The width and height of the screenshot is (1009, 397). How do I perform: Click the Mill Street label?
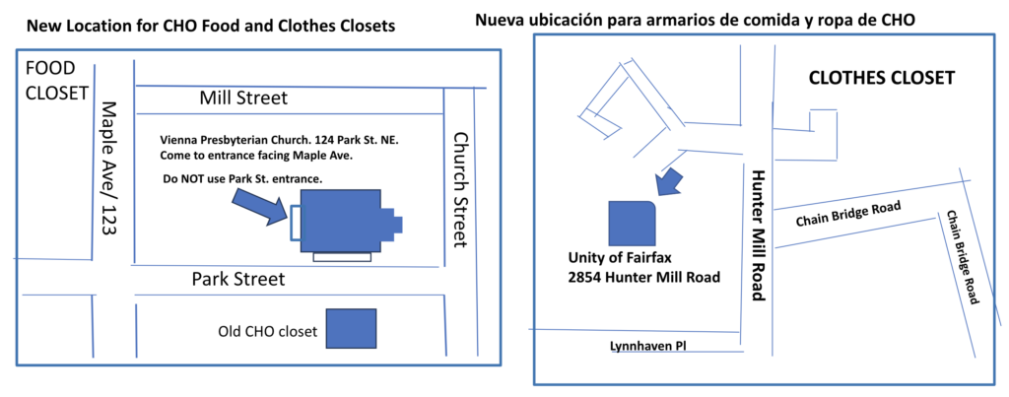tap(243, 99)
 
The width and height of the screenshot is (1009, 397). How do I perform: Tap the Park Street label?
tap(238, 280)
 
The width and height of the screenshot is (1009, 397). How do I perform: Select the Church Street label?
tap(459, 189)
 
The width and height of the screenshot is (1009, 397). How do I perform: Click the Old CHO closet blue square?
tap(351, 328)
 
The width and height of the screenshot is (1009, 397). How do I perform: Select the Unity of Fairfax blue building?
tap(632, 224)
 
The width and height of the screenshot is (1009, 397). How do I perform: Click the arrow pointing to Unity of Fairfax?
tap(669, 181)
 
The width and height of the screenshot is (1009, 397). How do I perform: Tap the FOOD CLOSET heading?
tap(55, 81)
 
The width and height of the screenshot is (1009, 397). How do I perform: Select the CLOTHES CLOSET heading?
tap(880, 79)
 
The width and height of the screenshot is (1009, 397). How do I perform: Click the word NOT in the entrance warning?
tap(194, 179)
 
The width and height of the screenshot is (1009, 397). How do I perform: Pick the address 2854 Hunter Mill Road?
tap(642, 278)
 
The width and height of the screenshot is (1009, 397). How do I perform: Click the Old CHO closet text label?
tap(268, 332)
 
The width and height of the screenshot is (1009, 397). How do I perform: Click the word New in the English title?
tap(39, 27)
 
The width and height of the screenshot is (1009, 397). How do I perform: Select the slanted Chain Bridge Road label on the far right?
tap(963, 257)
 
